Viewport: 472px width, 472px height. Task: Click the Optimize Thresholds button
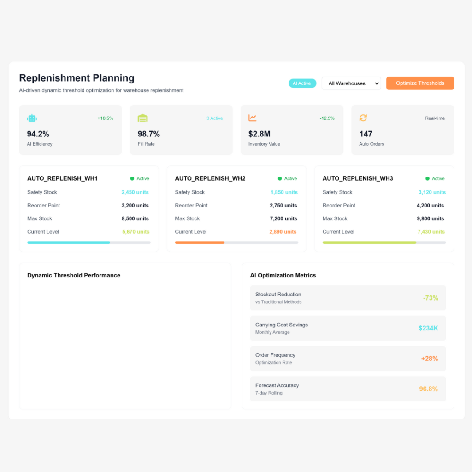(x=420, y=83)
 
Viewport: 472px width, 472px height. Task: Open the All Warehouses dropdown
(x=351, y=83)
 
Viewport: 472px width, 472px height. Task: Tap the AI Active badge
(x=302, y=83)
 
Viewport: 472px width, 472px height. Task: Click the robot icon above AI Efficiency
(x=32, y=118)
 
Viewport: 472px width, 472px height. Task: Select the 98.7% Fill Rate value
(x=149, y=134)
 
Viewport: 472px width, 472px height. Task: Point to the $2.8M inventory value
(x=260, y=134)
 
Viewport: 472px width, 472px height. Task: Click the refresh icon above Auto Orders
(x=363, y=118)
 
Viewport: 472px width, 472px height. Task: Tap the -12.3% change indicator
(x=327, y=118)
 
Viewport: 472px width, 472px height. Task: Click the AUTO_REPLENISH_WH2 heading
(x=210, y=178)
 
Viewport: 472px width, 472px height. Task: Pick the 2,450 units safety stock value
(x=135, y=192)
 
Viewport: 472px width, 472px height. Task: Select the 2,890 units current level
(x=283, y=232)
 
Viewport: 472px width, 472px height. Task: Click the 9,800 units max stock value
(x=430, y=218)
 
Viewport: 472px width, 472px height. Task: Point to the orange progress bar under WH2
(x=200, y=242)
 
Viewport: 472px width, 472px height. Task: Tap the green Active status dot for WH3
(x=427, y=178)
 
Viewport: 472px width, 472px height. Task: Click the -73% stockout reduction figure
(x=430, y=298)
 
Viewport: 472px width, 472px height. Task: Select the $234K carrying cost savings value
(x=428, y=328)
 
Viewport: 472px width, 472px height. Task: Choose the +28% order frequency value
(x=429, y=359)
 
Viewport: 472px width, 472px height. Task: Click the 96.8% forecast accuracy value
(x=428, y=389)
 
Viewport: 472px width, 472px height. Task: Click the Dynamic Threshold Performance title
(x=74, y=275)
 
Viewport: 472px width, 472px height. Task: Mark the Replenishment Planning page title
(x=77, y=78)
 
